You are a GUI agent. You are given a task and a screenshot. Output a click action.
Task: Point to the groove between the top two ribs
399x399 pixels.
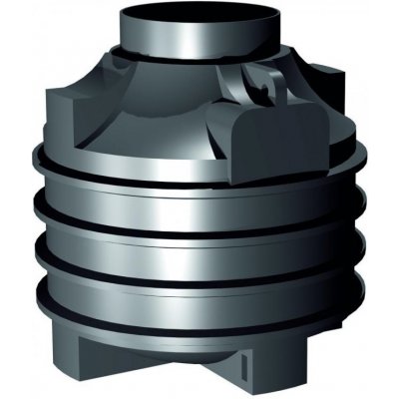click(x=199, y=206)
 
